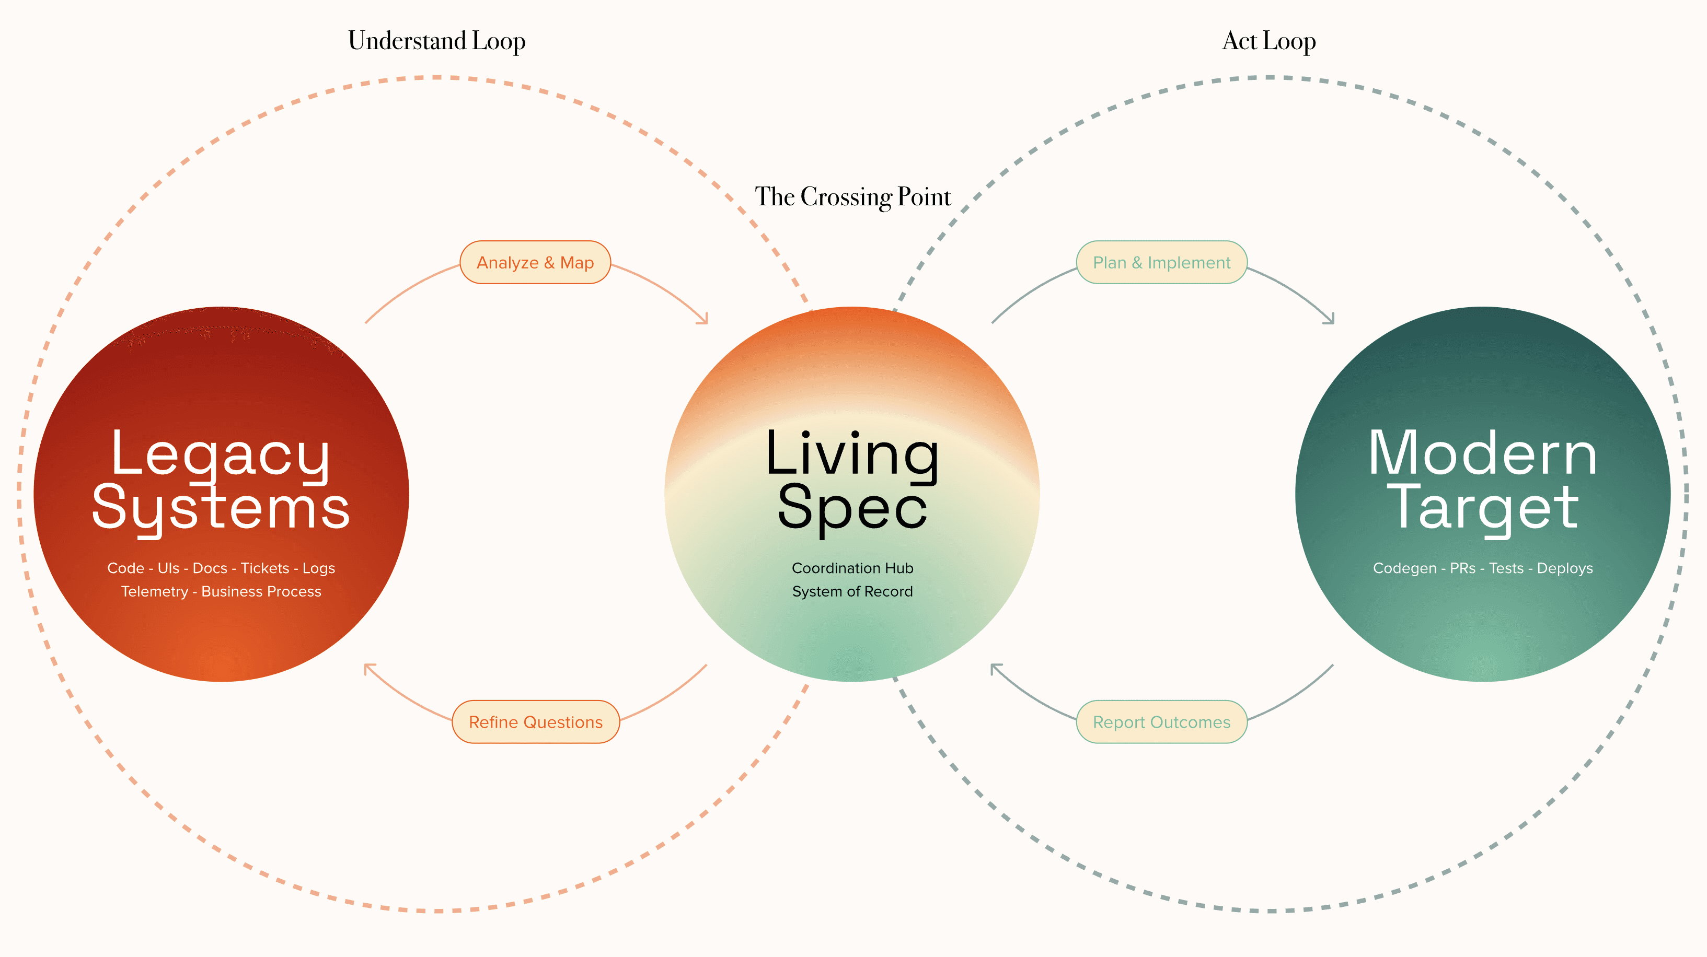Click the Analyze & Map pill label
pyautogui.click(x=535, y=263)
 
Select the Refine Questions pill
pyautogui.click(x=535, y=722)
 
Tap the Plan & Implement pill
pyautogui.click(x=1161, y=263)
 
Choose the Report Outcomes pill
pyautogui.click(x=1161, y=722)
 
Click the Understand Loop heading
pyautogui.click(x=437, y=41)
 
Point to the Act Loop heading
pyautogui.click(x=1268, y=41)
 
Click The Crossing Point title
pyautogui.click(x=852, y=197)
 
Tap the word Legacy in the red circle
pyautogui.click(x=221, y=455)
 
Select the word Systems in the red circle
pyautogui.click(x=221, y=509)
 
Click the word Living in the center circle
pyautogui.click(x=852, y=455)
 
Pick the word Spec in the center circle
pyautogui.click(x=852, y=509)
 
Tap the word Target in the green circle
pyautogui.click(x=1482, y=509)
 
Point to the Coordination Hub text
pyautogui.click(x=852, y=568)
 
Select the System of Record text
pyautogui.click(x=852, y=591)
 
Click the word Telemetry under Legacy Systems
pyautogui.click(x=154, y=591)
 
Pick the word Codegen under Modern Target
pyautogui.click(x=1404, y=568)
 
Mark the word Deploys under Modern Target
pyautogui.click(x=1564, y=568)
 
